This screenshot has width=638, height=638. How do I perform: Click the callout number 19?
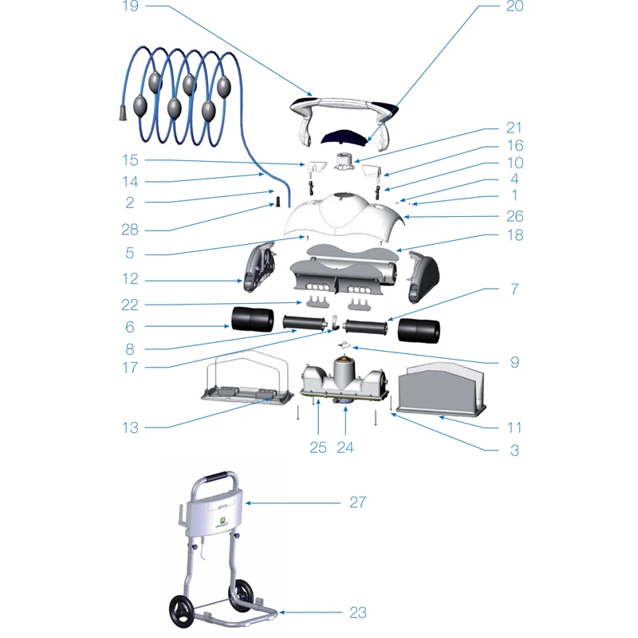tap(131, 7)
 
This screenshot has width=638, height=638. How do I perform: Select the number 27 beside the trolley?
tap(357, 502)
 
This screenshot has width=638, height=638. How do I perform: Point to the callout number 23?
tap(357, 612)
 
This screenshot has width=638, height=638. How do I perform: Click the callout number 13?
tap(130, 427)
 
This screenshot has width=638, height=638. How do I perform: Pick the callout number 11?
tap(514, 427)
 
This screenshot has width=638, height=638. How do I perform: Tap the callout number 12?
tap(130, 279)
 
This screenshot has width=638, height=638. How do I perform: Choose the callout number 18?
tap(514, 236)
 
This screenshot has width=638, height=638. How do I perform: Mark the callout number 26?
tap(514, 215)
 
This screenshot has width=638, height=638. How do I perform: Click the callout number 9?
tap(514, 362)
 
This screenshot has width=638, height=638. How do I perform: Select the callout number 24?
tap(345, 447)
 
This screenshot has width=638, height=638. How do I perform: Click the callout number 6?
tap(130, 326)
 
